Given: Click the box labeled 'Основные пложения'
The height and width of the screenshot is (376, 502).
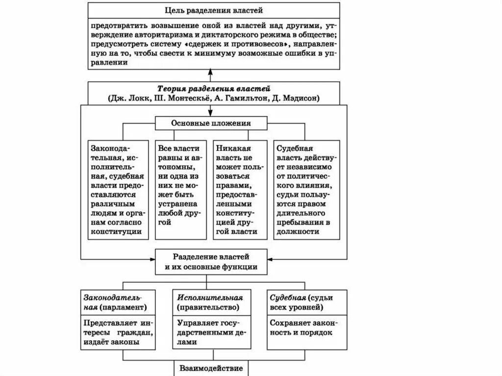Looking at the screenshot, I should point(212,123).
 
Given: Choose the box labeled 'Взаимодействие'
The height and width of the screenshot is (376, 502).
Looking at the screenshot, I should point(212,368).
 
